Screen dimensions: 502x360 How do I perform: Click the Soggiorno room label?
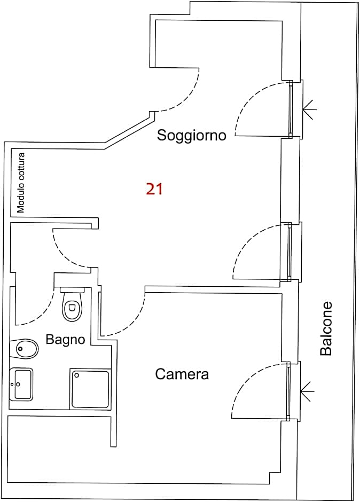pos(191,136)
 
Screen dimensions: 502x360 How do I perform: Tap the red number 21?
pos(154,189)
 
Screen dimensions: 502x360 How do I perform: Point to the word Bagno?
pos(65,340)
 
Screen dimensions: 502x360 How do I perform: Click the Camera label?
pos(182,374)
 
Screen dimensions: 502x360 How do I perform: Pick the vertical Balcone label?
pos(326,328)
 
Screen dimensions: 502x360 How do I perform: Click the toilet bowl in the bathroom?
pos(72,309)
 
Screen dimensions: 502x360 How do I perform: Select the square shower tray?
pos(90,388)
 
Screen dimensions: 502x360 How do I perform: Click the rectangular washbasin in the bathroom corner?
pos(21,384)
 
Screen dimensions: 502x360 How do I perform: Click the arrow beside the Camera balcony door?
pos(308,391)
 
